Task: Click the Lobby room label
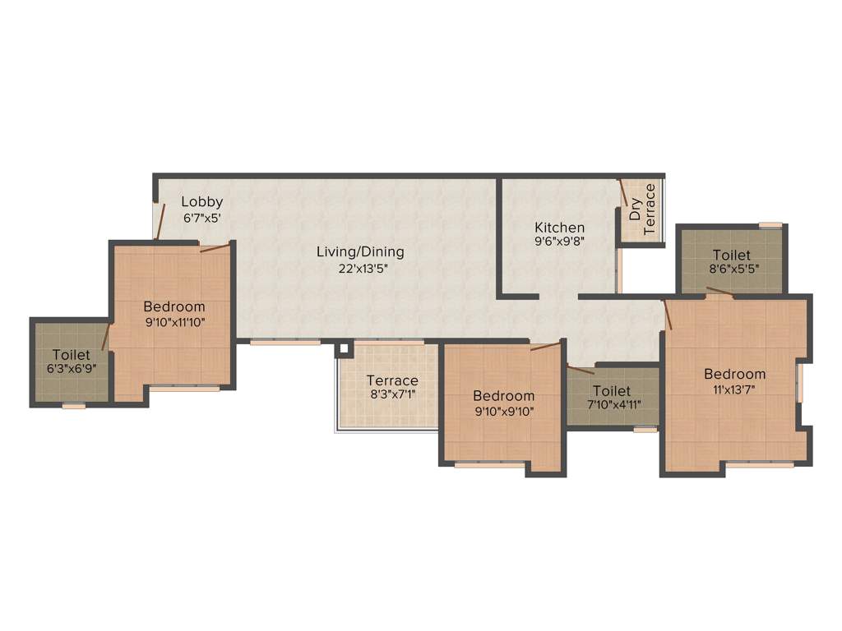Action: (x=201, y=201)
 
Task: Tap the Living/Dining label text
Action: (x=360, y=251)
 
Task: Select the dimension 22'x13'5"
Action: (x=360, y=268)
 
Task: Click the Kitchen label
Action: (x=559, y=228)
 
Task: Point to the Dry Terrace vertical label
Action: (x=642, y=210)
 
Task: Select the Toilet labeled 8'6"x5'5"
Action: (x=731, y=255)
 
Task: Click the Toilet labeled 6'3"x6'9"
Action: (x=70, y=355)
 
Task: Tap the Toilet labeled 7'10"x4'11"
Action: (x=612, y=391)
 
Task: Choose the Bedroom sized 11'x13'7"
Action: (x=734, y=374)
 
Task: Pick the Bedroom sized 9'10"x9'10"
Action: (x=503, y=396)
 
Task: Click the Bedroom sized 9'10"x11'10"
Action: (x=173, y=306)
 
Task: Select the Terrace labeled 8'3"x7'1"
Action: (x=392, y=380)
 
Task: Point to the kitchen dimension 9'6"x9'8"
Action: (x=559, y=242)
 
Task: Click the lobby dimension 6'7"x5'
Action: (x=201, y=219)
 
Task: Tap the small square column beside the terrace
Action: (x=342, y=349)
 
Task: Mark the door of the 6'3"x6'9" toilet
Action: (x=105, y=336)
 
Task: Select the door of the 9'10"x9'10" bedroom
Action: (x=545, y=346)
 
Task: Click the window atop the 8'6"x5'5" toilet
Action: (x=770, y=224)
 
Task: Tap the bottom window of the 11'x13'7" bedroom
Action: (x=760, y=465)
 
